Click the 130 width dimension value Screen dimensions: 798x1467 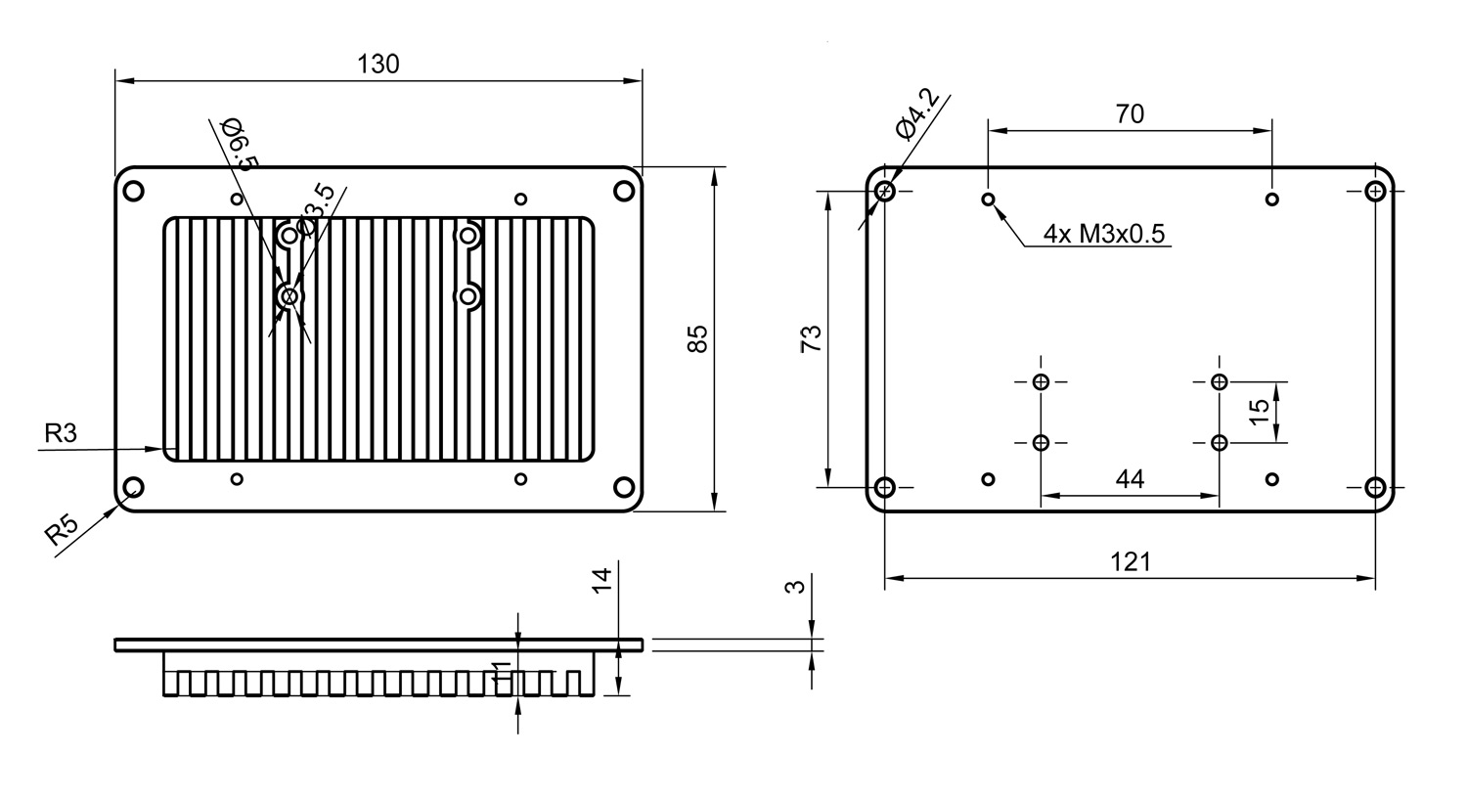tap(378, 65)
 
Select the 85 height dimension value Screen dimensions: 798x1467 tap(697, 338)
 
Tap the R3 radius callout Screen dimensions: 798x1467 tap(60, 432)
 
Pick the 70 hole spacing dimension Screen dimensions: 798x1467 tap(1130, 114)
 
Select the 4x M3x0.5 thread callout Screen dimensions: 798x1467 tap(1104, 234)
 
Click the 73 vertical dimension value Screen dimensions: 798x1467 tap(812, 338)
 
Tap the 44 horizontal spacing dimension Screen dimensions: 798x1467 tap(1130, 479)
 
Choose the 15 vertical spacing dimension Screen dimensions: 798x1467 tap(1260, 411)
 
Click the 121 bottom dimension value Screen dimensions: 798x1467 tap(1131, 562)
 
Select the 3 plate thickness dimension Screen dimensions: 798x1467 tap(795, 587)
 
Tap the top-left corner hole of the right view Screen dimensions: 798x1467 tap(885, 191)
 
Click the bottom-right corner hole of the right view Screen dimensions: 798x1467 tap(1375, 486)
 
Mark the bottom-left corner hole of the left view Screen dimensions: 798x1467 tap(133, 486)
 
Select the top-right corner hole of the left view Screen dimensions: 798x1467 tap(624, 191)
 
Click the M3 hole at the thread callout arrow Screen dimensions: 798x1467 tap(989, 199)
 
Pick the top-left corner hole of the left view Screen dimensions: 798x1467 tap(133, 191)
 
